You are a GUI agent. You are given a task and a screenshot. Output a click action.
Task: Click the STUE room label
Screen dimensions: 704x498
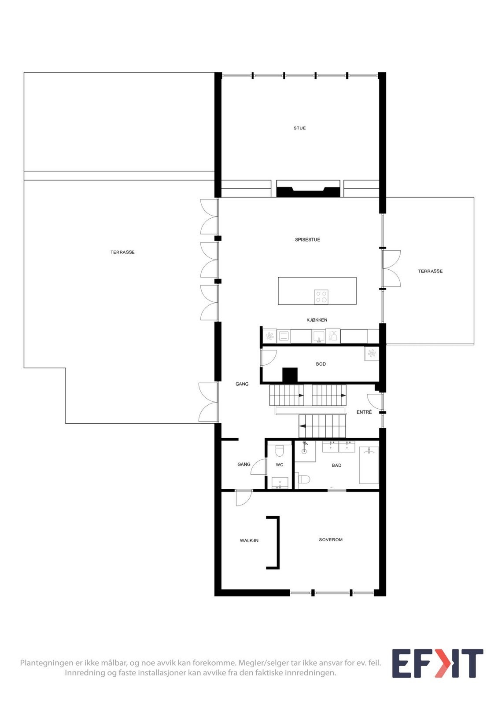click(299, 128)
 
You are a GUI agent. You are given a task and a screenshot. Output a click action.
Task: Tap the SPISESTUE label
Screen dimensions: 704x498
click(307, 240)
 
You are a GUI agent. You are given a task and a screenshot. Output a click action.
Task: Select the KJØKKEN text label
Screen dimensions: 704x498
click(317, 320)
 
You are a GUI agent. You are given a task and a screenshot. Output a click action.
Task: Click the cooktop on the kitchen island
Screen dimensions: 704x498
click(321, 296)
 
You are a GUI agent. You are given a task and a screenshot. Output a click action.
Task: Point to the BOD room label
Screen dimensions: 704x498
click(321, 364)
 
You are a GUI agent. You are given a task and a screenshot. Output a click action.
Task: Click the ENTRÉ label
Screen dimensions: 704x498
click(364, 412)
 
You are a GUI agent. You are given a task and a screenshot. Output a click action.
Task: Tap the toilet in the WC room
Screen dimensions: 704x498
click(279, 452)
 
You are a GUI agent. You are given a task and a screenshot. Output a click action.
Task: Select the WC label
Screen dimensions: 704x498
click(279, 465)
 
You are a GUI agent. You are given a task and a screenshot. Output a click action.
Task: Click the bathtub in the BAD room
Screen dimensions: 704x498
click(369, 465)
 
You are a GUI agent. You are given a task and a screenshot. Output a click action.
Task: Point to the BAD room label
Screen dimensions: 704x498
click(336, 465)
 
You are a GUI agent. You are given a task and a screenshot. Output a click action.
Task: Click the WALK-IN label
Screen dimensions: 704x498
click(249, 540)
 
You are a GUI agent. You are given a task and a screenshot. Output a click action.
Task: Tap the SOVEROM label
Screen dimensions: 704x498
click(331, 539)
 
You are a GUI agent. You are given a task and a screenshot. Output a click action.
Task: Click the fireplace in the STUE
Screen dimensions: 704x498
click(308, 189)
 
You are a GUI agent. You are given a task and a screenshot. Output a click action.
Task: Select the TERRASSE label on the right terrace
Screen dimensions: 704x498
click(430, 271)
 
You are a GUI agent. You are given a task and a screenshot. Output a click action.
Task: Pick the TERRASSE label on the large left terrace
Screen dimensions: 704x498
click(122, 252)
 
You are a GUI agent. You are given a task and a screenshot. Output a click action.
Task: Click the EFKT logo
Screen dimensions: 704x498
click(437, 663)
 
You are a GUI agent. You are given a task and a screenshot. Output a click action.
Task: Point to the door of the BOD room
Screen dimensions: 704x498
click(268, 357)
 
